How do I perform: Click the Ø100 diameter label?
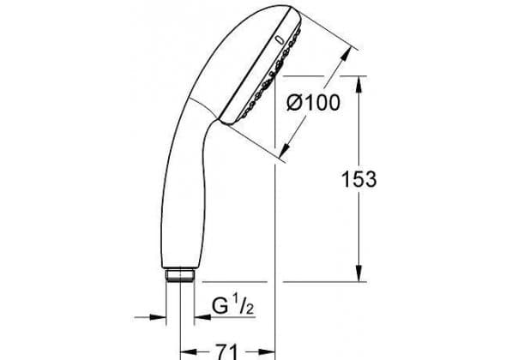click(313, 103)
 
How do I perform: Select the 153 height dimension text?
click(358, 179)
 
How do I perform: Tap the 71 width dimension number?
click(226, 352)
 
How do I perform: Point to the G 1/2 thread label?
click(232, 305)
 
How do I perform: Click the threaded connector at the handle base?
click(180, 275)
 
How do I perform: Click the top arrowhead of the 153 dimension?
click(358, 85)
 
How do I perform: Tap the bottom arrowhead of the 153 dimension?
click(358, 273)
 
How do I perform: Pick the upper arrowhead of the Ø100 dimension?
click(346, 56)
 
